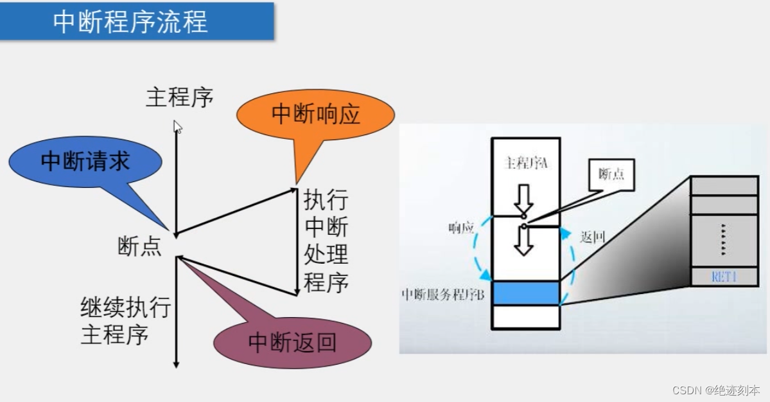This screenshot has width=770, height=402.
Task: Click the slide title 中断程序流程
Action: [x=130, y=22]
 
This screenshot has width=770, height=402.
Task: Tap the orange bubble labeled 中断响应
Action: [x=315, y=114]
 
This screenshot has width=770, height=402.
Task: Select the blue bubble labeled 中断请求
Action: [x=85, y=161]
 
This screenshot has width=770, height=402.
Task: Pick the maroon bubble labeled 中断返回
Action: [x=292, y=341]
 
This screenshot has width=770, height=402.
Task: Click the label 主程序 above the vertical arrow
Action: [x=179, y=98]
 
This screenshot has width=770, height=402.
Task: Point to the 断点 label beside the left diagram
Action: [x=139, y=246]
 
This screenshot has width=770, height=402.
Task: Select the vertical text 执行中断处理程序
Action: [x=326, y=242]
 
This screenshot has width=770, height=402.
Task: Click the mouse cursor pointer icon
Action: [x=178, y=127]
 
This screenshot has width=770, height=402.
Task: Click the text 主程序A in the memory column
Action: [x=526, y=163]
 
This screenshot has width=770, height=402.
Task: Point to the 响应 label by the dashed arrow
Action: [x=461, y=228]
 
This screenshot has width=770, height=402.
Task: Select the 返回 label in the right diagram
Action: [x=592, y=237]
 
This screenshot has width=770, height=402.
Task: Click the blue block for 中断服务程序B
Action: [x=526, y=293]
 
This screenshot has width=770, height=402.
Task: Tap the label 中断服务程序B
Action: [x=442, y=295]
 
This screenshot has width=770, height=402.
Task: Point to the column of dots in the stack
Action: [x=724, y=239]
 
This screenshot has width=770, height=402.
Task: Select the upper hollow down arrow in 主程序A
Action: [x=525, y=197]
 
